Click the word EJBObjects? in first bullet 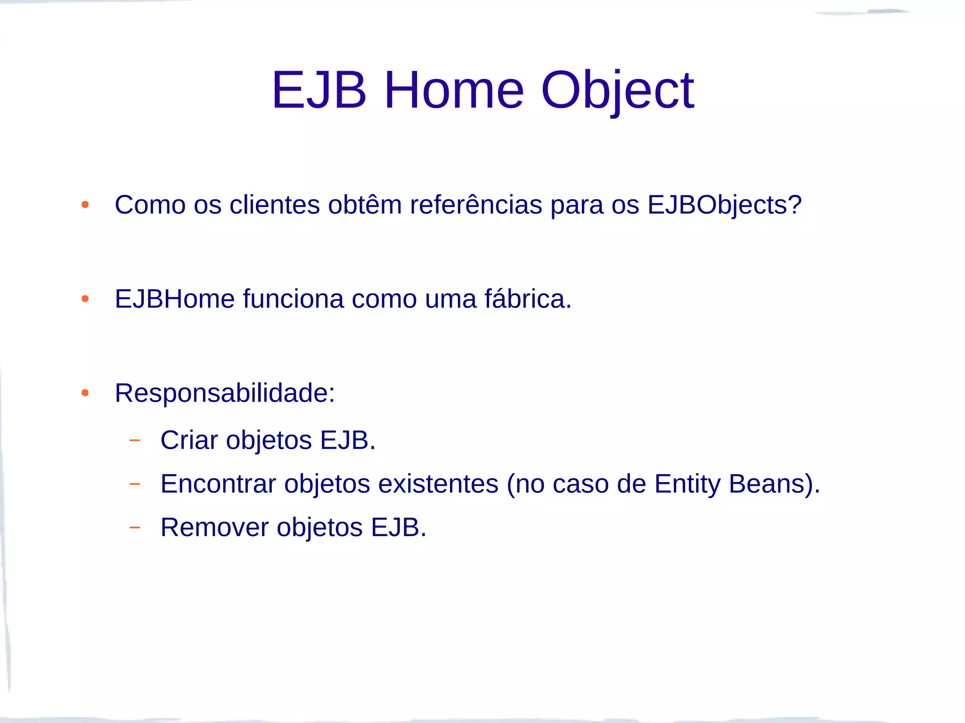tap(724, 205)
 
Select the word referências tap(476, 205)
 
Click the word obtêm tap(365, 205)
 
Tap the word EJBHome tap(175, 299)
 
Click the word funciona tap(293, 299)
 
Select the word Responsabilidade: tap(225, 393)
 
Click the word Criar tap(189, 441)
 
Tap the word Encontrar tap(218, 484)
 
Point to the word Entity tap(687, 484)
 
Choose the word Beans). tap(774, 484)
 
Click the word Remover tap(214, 527)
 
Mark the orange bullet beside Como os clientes tap(85, 205)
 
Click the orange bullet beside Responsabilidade tap(85, 393)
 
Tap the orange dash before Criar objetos tap(135, 440)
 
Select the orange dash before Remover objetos tap(135, 527)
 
